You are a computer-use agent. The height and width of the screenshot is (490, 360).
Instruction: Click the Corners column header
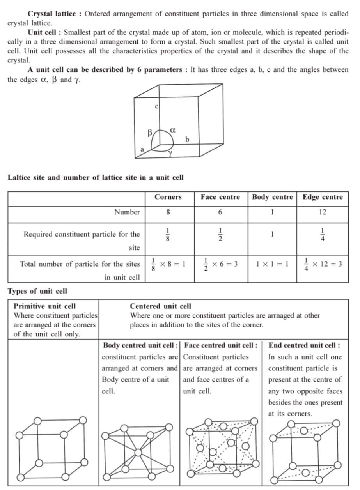(168, 197)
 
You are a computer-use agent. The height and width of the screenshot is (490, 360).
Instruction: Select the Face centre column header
(220, 197)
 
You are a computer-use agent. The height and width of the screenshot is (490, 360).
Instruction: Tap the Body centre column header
(272, 197)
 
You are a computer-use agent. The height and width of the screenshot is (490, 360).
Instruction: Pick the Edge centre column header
(323, 197)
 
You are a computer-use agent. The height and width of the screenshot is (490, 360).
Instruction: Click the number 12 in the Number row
(323, 212)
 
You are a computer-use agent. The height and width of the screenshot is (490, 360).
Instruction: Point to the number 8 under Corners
(168, 212)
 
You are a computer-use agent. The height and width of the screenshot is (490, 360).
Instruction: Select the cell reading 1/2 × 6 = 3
(220, 264)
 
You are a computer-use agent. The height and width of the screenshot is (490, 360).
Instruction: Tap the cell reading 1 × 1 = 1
(272, 264)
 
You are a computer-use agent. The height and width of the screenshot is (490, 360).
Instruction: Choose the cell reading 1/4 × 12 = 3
(323, 264)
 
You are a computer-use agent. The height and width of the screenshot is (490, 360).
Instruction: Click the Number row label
(127, 212)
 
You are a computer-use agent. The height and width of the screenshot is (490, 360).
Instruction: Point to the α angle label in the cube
(173, 129)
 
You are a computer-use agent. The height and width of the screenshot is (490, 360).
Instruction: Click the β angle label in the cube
(149, 133)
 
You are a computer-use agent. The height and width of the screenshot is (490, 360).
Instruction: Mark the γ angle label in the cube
(170, 154)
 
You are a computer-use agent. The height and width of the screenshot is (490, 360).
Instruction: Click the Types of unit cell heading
(37, 291)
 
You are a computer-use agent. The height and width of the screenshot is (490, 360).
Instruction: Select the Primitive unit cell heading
(45, 306)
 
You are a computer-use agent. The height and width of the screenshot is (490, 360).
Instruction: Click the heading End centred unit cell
(304, 345)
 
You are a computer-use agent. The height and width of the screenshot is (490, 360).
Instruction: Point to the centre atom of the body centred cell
(138, 452)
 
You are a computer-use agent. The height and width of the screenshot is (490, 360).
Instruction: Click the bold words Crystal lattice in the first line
(52, 14)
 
